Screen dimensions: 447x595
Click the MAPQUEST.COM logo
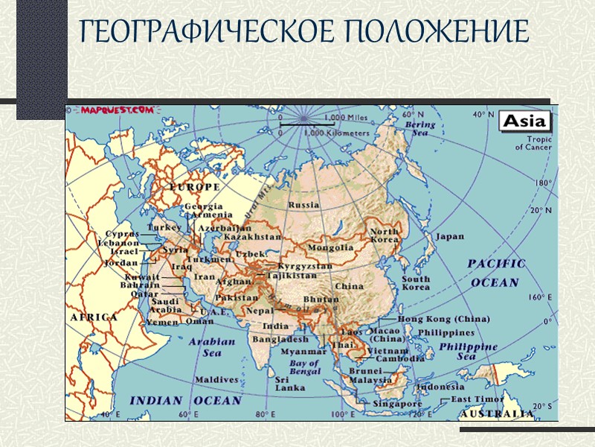[x=118, y=110]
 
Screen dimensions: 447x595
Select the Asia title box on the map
[x=525, y=121]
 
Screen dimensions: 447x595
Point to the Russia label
[x=303, y=204]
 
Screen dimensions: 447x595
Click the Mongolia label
[x=330, y=247]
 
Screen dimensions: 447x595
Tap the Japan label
[x=449, y=237]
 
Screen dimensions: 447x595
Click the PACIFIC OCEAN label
[x=496, y=273]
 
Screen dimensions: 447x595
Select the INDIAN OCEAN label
[x=186, y=400]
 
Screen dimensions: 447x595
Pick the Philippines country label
[x=446, y=332]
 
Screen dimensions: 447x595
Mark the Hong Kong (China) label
[x=443, y=319]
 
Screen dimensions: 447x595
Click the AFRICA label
[x=94, y=317]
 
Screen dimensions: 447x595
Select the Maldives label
[x=217, y=379]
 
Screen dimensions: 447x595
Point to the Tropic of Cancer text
[x=533, y=142]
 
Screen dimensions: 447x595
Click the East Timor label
[x=475, y=399]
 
